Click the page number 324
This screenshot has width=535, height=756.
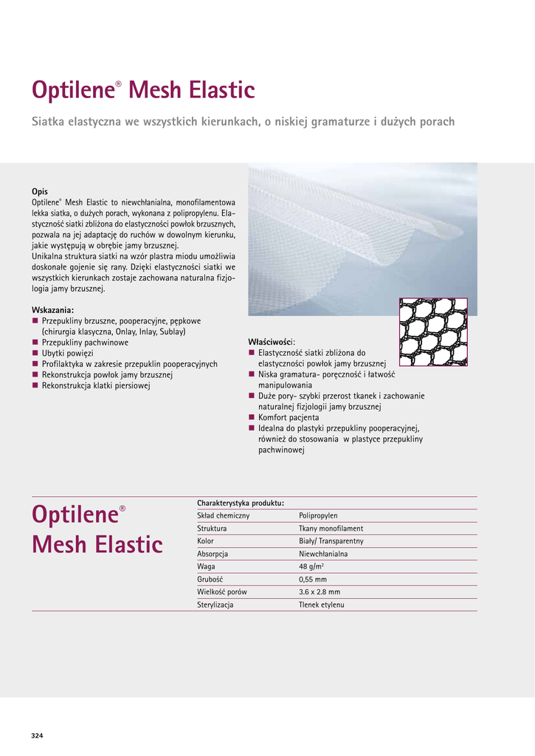[38, 735]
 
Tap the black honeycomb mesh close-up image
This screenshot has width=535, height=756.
[433, 331]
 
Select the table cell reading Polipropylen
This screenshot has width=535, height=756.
[318, 515]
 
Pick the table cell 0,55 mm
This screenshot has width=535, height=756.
[312, 579]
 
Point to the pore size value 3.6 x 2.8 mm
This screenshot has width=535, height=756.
[320, 592]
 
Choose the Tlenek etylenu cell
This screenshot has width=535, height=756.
[322, 605]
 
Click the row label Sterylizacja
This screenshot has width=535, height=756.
[215, 605]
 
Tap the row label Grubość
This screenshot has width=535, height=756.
[210, 579]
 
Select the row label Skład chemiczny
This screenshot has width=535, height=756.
[223, 515]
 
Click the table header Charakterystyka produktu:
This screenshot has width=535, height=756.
[241, 503]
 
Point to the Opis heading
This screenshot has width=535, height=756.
[40, 191]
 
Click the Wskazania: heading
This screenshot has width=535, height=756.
[52, 310]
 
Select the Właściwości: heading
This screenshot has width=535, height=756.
[272, 342]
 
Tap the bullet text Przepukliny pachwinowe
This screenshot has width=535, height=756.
[85, 343]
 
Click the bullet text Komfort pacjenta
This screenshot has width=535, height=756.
[289, 417]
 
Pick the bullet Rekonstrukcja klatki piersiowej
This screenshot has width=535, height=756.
[96, 385]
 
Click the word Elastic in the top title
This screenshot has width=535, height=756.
[220, 91]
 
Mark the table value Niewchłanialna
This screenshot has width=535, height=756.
[323, 554]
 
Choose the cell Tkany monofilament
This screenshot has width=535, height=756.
[331, 529]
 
